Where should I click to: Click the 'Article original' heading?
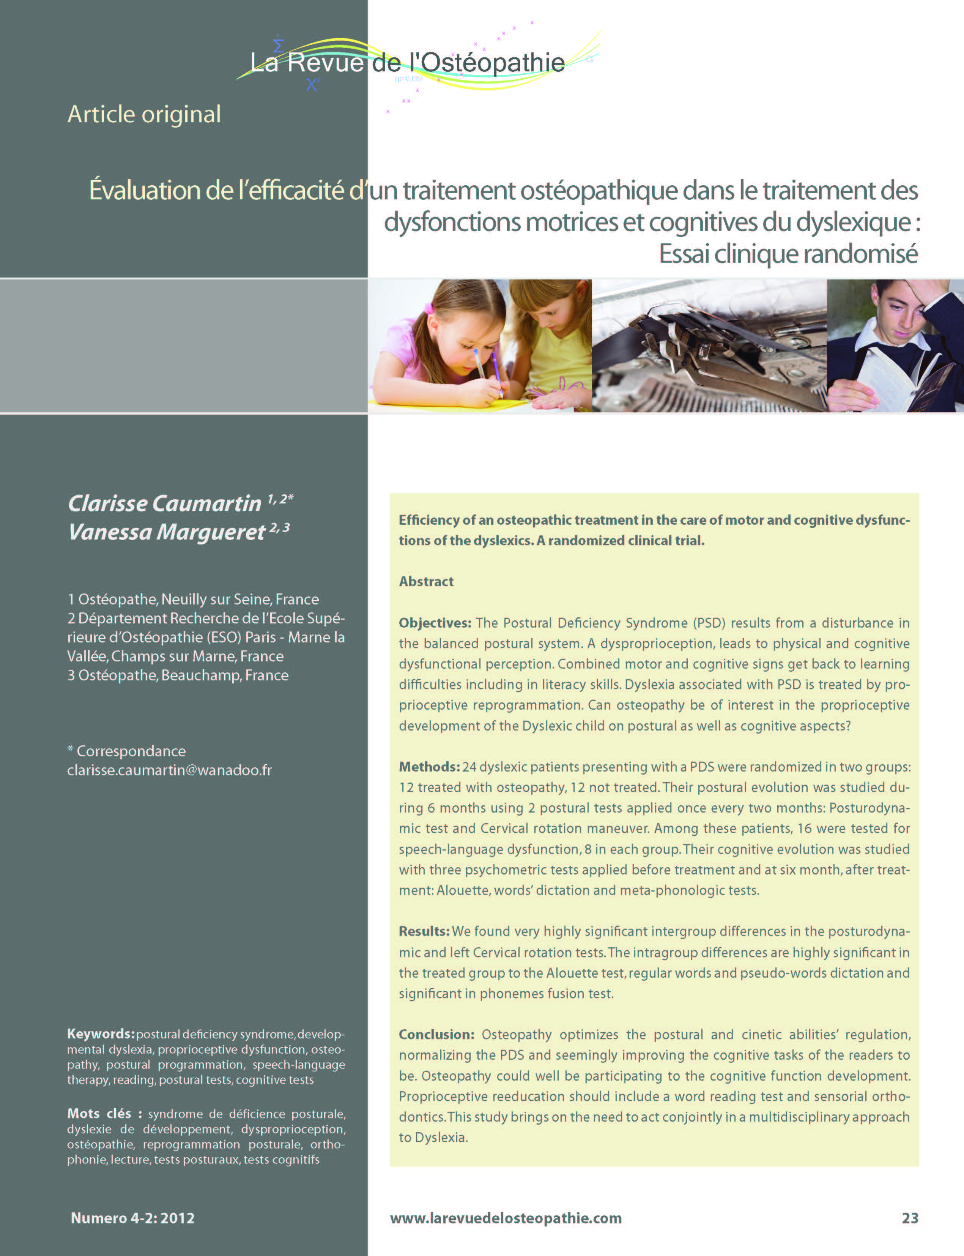point(144,114)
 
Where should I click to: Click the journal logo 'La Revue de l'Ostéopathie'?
point(407,62)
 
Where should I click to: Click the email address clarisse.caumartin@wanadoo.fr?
point(169,770)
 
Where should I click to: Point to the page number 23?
point(909,1218)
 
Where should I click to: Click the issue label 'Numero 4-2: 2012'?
point(132,1218)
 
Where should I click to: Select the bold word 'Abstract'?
point(426,582)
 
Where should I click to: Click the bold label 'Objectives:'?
point(435,623)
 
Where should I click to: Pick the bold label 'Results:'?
point(424,931)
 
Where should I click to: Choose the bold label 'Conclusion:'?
point(436,1034)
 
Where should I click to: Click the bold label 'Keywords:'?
point(101,1034)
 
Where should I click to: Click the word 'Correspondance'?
point(131,751)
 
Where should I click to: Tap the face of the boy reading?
point(896,319)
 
